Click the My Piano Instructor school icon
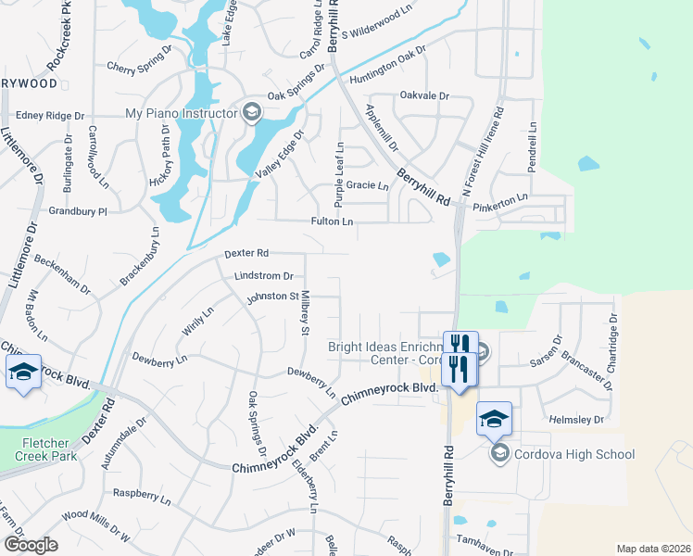tap(251, 114)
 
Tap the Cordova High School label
tap(576, 454)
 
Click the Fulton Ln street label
tap(333, 221)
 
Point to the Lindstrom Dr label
tap(263, 276)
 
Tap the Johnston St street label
tap(272, 297)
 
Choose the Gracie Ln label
tap(369, 185)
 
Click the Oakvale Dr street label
tap(424, 95)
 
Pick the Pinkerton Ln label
tap(499, 197)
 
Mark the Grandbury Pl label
tap(78, 211)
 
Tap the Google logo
tap(31, 545)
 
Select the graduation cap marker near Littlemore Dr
tap(23, 373)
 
